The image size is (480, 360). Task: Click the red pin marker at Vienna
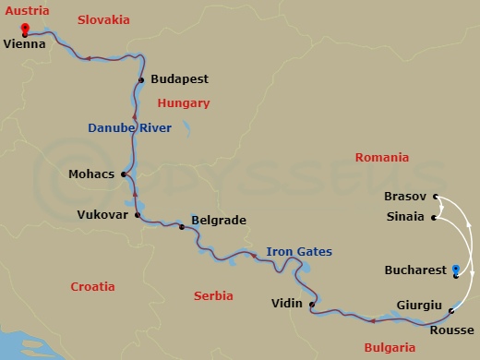pos(23,28)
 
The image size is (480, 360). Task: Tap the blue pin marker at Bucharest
pos(456,270)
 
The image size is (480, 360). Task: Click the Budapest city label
pos(178,80)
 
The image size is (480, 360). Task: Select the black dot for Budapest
pos(141,80)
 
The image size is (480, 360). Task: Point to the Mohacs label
pos(91,173)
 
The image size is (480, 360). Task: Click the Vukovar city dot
pos(138,215)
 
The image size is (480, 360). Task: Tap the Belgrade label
pos(218,221)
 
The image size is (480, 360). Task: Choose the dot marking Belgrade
pos(182,226)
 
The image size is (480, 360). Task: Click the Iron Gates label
pos(299,251)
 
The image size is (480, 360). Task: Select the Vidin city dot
pos(312,304)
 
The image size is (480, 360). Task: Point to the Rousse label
pos(452,330)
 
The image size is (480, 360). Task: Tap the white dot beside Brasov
pos(435,197)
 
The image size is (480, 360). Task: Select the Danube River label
pos(129,128)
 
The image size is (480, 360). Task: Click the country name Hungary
pos(184,103)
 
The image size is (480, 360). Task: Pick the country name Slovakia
pos(102,19)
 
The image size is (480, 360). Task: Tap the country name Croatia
pos(92,287)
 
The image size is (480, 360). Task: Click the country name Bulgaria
pos(390,347)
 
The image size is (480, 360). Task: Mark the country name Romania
pos(380,158)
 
